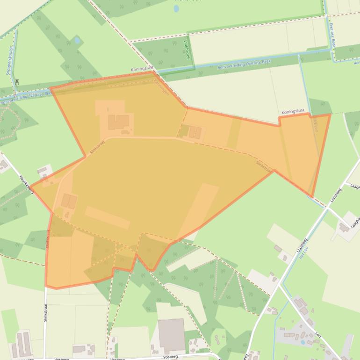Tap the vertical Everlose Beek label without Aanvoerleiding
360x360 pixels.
click(332, 36)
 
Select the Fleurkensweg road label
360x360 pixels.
click(26, 184)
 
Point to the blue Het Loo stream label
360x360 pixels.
click(303, 253)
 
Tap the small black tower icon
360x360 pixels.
click(17, 81)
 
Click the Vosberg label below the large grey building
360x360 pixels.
click(170, 356)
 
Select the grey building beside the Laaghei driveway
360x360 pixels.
click(344, 227)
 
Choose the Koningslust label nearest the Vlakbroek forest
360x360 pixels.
click(142, 69)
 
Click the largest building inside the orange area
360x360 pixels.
click(119, 122)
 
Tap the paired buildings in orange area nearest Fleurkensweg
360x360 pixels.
click(69, 201)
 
